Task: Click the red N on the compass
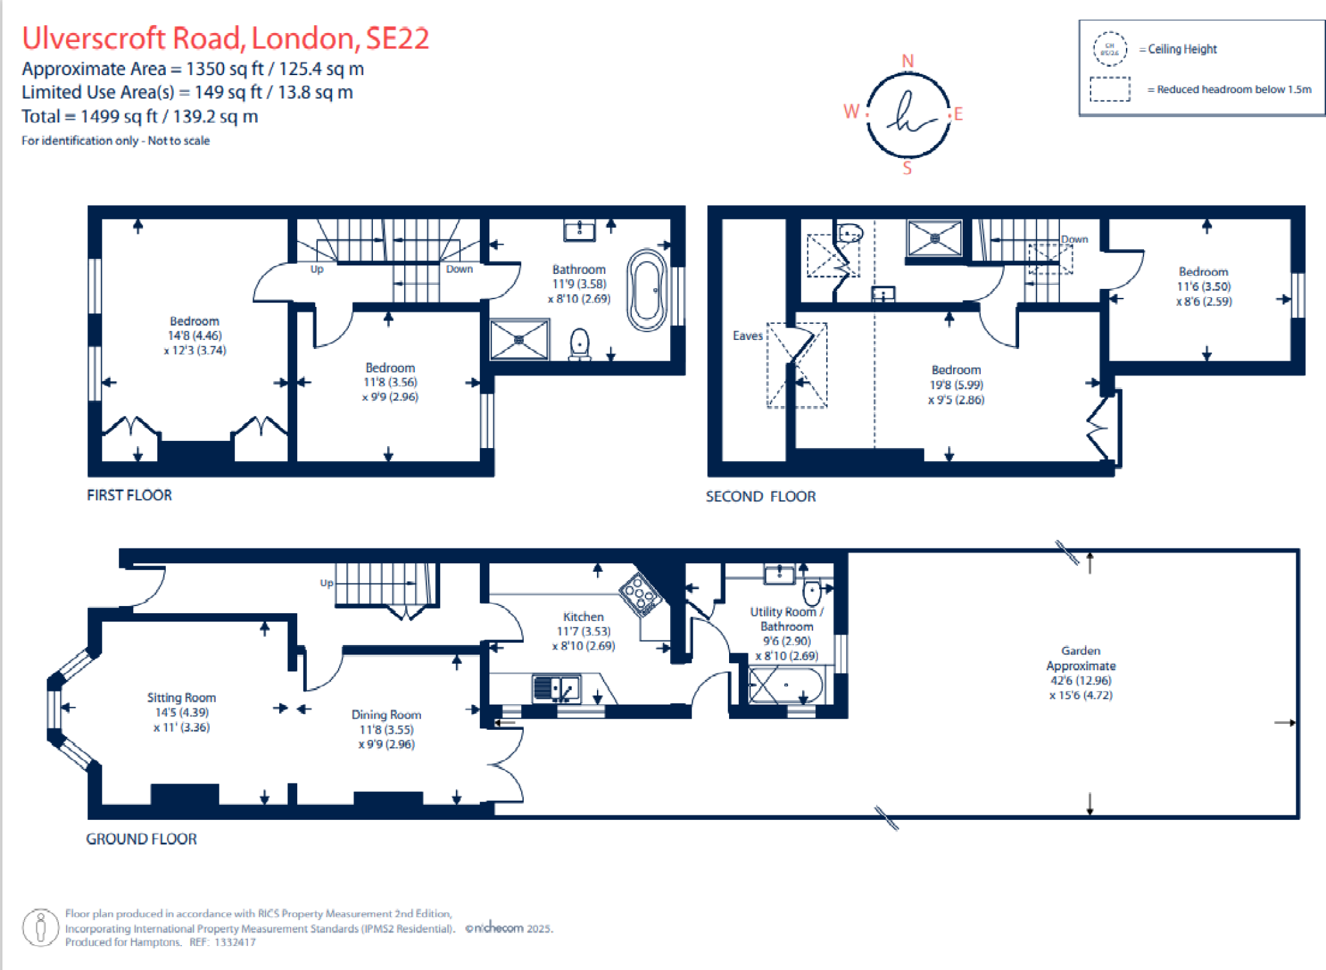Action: click(x=908, y=61)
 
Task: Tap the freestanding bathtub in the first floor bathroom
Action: click(x=647, y=291)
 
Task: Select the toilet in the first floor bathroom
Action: click(x=579, y=344)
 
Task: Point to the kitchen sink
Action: click(x=556, y=688)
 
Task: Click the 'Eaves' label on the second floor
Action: click(x=747, y=335)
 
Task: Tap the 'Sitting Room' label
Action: click(x=181, y=697)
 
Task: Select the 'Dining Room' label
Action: click(x=386, y=714)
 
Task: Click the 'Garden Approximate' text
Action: click(x=1080, y=658)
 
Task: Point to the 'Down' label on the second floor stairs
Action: click(x=1074, y=239)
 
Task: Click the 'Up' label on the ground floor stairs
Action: click(x=326, y=583)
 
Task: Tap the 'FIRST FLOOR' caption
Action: click(x=129, y=495)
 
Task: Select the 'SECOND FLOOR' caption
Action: click(x=760, y=497)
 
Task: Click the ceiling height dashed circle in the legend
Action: click(x=1110, y=49)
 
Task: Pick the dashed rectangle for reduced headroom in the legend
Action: click(x=1110, y=89)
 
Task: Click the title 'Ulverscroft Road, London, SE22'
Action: click(x=225, y=38)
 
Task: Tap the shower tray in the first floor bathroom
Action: click(x=519, y=339)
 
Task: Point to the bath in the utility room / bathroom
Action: click(x=785, y=684)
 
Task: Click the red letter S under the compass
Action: click(x=907, y=168)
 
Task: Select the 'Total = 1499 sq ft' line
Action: click(x=140, y=117)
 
